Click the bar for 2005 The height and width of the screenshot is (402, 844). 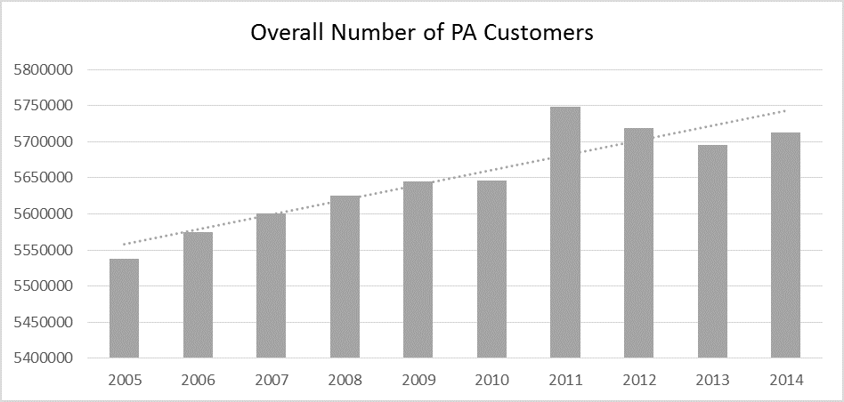pos(125,309)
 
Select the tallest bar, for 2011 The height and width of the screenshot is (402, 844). pos(565,232)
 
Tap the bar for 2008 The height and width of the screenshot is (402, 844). pos(345,277)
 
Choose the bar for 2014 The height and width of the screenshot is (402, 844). pos(786,245)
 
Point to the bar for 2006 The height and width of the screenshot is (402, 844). pos(198,295)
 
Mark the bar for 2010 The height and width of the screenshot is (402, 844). pos(492,269)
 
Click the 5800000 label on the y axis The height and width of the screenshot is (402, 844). pos(42,70)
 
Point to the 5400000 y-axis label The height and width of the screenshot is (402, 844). pos(42,358)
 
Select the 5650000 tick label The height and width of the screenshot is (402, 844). pos(42,179)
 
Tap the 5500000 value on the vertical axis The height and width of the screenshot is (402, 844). pos(42,286)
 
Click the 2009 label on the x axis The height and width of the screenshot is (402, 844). pos(418,380)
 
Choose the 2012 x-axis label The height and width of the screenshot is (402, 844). pos(639,380)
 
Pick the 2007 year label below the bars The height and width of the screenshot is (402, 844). pos(272,380)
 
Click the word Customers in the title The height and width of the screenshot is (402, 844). pos(539,33)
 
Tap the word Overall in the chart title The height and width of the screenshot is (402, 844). pos(287,33)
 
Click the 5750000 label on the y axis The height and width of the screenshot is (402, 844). pos(42,107)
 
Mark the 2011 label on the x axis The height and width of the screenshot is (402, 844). pos(565,380)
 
